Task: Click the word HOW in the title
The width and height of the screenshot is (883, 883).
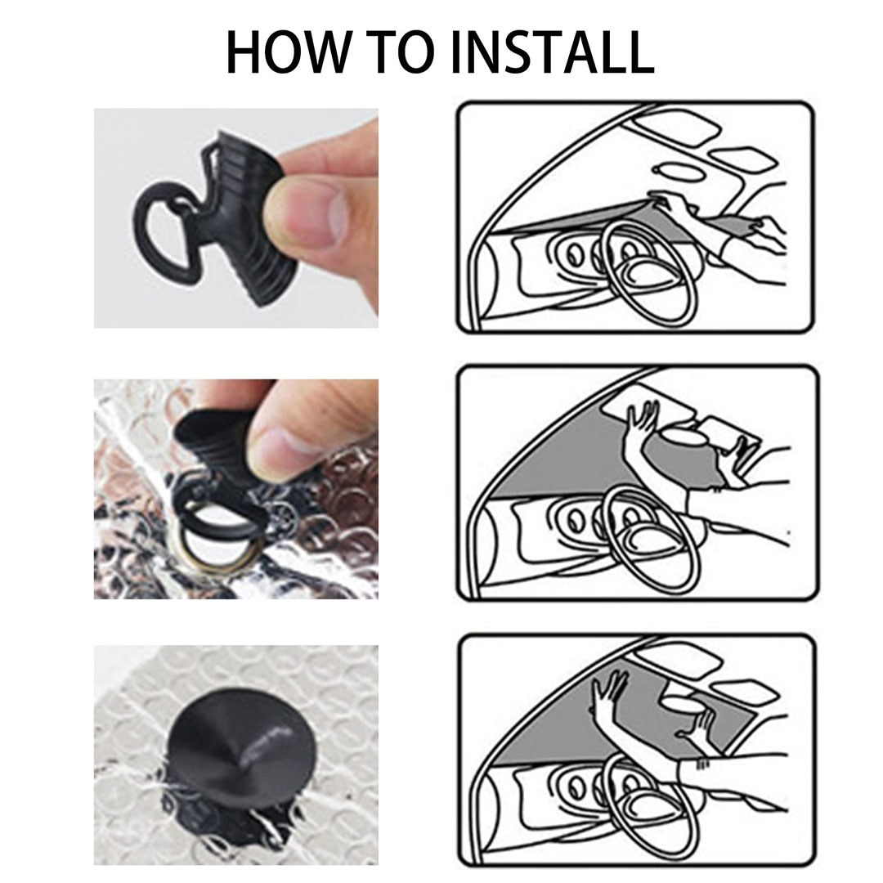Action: [x=287, y=52]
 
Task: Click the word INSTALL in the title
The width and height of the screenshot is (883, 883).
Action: [x=553, y=52]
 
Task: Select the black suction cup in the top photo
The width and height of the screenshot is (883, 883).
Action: [x=248, y=220]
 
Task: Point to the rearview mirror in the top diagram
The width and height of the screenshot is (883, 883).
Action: [x=679, y=171]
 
